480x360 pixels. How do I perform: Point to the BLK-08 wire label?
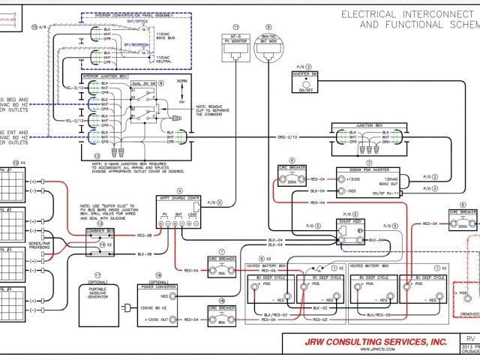click(144, 255)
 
